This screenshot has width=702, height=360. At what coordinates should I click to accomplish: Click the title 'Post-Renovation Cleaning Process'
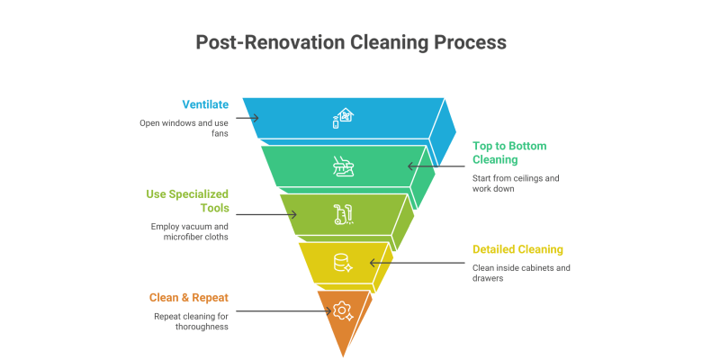[351, 42]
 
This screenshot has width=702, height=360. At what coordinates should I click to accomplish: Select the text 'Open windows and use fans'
[184, 128]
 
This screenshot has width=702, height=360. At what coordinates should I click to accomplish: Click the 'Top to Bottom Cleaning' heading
[509, 152]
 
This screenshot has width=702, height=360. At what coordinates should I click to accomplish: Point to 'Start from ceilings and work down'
[516, 183]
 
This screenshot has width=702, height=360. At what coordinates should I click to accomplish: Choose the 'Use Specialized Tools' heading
[188, 201]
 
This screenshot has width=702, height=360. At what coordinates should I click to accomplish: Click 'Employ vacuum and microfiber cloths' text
[190, 231]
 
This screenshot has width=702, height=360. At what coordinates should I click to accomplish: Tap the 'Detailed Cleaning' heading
[517, 249]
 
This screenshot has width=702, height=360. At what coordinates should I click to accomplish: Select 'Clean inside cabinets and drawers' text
[521, 273]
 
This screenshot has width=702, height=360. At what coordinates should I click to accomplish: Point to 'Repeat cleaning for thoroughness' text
[190, 320]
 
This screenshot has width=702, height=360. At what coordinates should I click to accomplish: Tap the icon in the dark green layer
[342, 166]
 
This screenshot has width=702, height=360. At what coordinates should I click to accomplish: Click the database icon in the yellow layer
[342, 263]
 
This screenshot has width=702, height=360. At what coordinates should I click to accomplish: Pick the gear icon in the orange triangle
[341, 310]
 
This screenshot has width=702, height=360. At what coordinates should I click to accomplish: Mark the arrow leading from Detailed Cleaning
[423, 263]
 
